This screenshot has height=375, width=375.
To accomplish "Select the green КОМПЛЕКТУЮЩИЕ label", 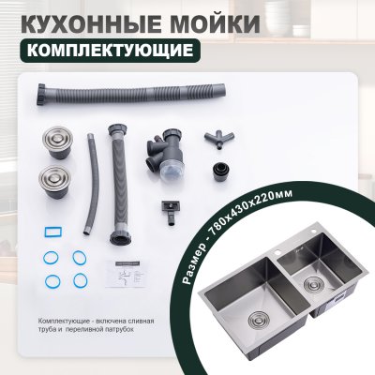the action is click(110, 51).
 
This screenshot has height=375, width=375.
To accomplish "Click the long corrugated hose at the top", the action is click(131, 94).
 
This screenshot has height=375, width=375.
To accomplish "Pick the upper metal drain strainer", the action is click(58, 142).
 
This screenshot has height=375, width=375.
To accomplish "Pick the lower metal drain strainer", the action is click(55, 182).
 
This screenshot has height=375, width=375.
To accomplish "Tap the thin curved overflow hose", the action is click(91, 184).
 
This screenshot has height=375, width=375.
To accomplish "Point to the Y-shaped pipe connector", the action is click(219, 140).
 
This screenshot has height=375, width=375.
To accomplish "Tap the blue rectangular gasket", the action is click(52, 232).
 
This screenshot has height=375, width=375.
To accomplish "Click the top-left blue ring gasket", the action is click(51, 258).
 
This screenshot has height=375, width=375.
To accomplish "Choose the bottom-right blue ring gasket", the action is click(80, 280).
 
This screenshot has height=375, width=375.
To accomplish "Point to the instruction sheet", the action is click(126, 273).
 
